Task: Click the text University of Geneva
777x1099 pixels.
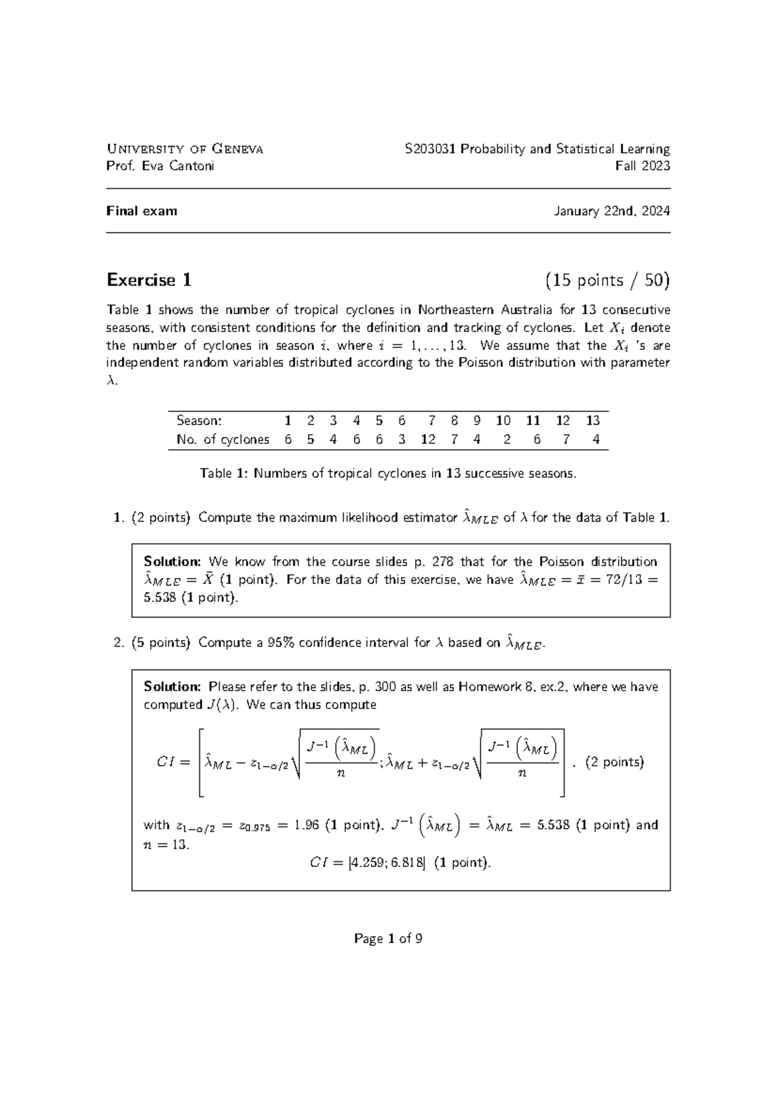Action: click(x=185, y=149)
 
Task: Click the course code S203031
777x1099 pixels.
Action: click(x=431, y=149)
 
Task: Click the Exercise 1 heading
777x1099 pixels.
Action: click(x=149, y=280)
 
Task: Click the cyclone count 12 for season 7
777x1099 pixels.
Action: click(x=428, y=439)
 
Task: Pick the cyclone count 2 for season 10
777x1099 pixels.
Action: click(x=506, y=439)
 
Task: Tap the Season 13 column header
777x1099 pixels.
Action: click(x=593, y=420)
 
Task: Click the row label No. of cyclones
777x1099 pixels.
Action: click(x=223, y=439)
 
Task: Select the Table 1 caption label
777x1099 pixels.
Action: click(x=223, y=474)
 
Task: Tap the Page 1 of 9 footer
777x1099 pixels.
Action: click(x=388, y=938)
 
